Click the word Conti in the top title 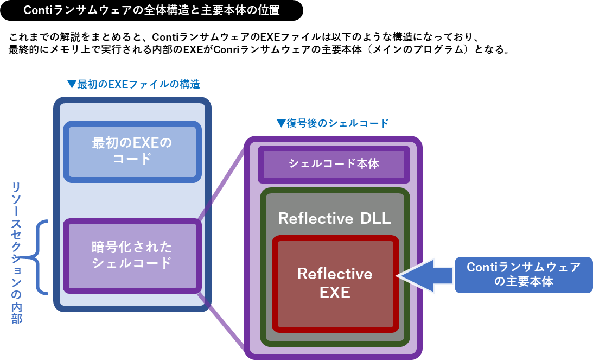tap(36, 10)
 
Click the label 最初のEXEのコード tap(132, 151)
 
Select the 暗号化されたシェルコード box tap(132, 255)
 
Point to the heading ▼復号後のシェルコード tap(333, 123)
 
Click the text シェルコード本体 tap(333, 163)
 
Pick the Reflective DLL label tap(334, 218)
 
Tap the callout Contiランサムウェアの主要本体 tap(524, 274)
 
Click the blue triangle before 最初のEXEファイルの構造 tap(72, 85)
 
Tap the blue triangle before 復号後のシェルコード tap(280, 124)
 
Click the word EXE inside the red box tap(335, 293)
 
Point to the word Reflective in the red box tap(335, 274)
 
